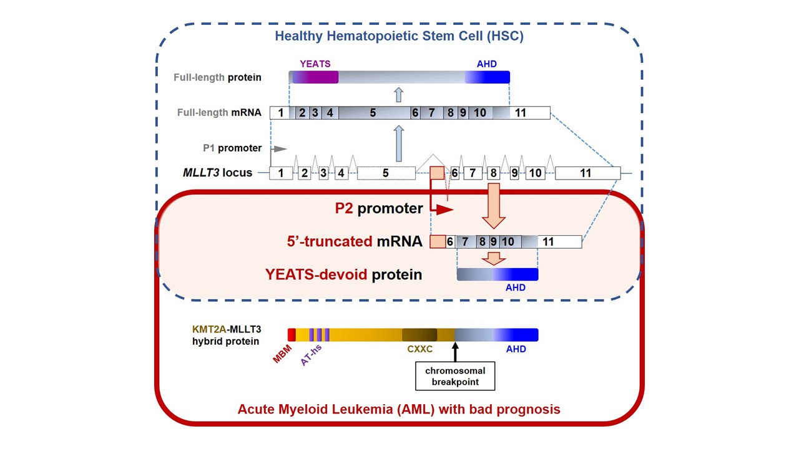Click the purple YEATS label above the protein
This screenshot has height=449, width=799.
[315, 64]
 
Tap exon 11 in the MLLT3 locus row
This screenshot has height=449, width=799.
[587, 173]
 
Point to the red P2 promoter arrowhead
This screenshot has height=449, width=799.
[444, 210]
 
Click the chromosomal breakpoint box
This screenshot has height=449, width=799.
[455, 376]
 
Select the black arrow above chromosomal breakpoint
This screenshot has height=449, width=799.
[455, 352]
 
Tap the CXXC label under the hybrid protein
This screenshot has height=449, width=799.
[419, 349]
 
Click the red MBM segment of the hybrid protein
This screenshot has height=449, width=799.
[292, 335]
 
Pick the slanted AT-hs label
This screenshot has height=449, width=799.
[311, 355]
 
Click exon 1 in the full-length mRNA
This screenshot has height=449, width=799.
[280, 113]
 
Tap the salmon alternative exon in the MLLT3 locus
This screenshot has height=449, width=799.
[437, 173]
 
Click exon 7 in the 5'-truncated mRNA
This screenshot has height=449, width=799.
[466, 241]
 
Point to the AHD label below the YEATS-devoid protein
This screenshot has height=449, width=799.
[516, 287]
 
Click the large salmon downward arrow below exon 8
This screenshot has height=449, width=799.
[494, 206]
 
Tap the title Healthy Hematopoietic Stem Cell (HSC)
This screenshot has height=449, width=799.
[399, 36]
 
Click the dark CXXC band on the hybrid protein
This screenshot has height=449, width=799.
[419, 335]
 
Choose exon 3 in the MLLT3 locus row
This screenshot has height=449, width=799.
[323, 173]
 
